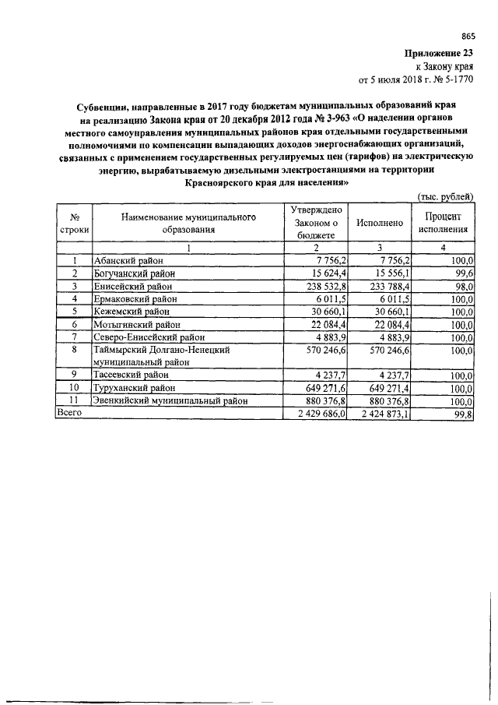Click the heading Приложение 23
click(439, 53)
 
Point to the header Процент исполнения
click(443, 222)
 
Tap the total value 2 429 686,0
click(317, 414)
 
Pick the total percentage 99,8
click(465, 414)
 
